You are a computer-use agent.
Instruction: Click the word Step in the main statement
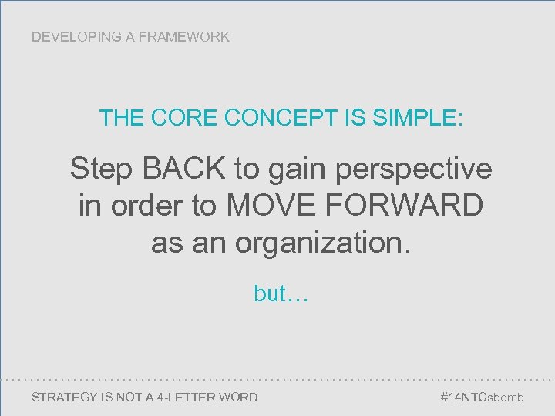click(x=99, y=168)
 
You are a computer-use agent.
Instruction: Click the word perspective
click(x=414, y=169)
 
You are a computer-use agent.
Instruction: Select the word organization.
click(x=324, y=243)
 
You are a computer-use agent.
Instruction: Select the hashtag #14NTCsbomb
click(x=481, y=398)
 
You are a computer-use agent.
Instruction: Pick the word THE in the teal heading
click(x=120, y=119)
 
